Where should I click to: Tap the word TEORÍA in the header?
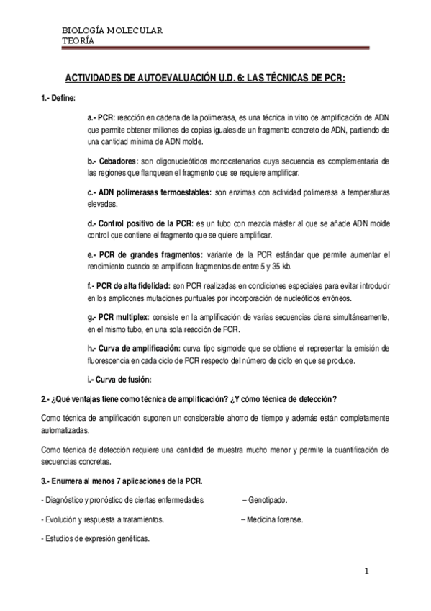pos(78,40)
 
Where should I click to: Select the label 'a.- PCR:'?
pos(101,117)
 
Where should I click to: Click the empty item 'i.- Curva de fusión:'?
pos(119,380)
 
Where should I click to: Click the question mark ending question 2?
pos(335,399)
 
